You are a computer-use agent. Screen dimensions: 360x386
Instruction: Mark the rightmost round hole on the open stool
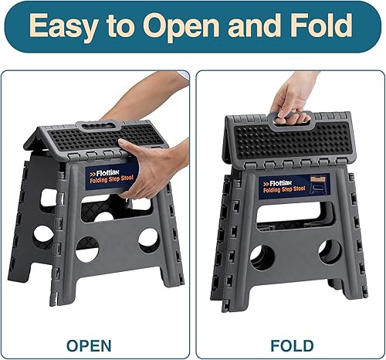(148, 239)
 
